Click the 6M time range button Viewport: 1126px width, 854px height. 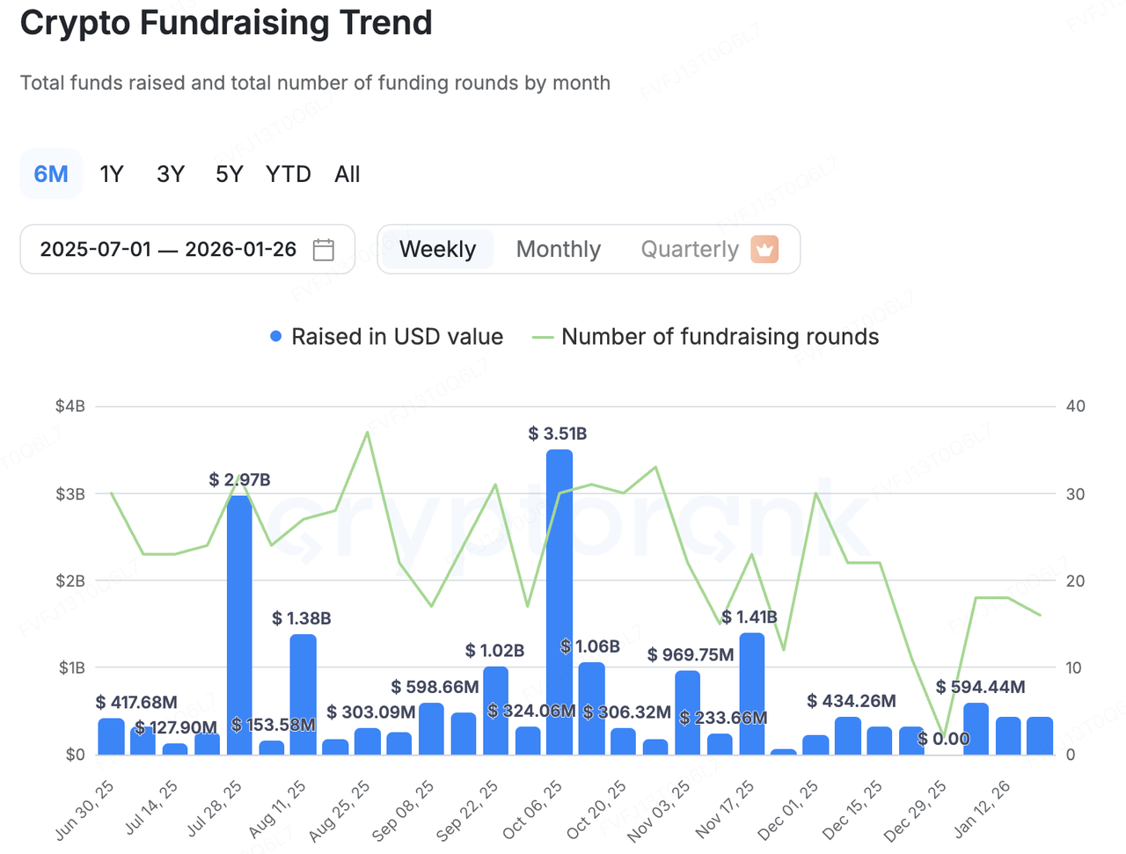point(51,174)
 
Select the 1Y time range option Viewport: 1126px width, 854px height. point(112,174)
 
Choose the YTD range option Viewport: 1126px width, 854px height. point(289,174)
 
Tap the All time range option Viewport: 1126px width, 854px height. point(347,174)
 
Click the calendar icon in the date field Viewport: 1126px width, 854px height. point(324,250)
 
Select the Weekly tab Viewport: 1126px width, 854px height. point(437,250)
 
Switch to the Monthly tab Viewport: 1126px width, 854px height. point(559,250)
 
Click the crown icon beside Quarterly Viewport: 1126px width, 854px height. point(764,249)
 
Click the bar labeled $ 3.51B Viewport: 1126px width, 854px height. point(559,602)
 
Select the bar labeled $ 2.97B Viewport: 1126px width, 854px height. point(239,624)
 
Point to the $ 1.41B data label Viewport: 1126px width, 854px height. point(749,617)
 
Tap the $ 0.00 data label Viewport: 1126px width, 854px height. point(943,739)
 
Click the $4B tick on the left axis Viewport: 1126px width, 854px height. point(70,406)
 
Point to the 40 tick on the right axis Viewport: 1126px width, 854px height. point(1075,406)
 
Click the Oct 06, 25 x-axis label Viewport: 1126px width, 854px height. point(533,809)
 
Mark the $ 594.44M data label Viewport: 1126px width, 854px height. point(980,687)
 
